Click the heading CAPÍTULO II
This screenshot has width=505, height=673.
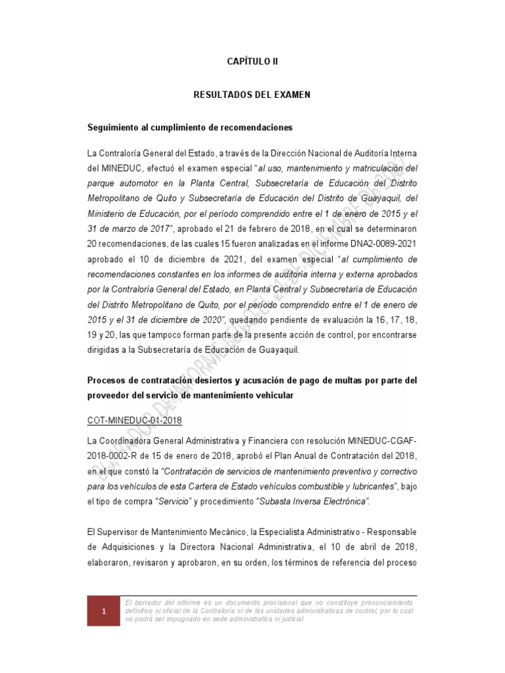click(252, 61)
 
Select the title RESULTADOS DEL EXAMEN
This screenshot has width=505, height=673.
click(252, 95)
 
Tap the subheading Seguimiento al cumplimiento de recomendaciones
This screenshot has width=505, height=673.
click(191, 126)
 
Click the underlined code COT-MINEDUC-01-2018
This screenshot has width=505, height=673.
click(134, 420)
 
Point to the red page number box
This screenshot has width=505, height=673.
click(103, 612)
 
